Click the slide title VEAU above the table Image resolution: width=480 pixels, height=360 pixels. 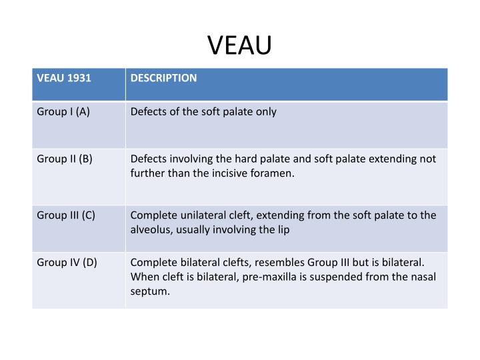[x=239, y=45]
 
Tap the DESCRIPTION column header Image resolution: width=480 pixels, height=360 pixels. [x=163, y=78]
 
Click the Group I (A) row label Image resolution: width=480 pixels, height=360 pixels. [x=63, y=112]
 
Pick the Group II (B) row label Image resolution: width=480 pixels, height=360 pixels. [x=65, y=159]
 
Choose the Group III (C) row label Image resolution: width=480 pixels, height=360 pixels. [x=66, y=215]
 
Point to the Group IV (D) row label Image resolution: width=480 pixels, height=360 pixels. [x=67, y=262]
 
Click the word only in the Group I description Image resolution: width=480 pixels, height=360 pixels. [x=266, y=112]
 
